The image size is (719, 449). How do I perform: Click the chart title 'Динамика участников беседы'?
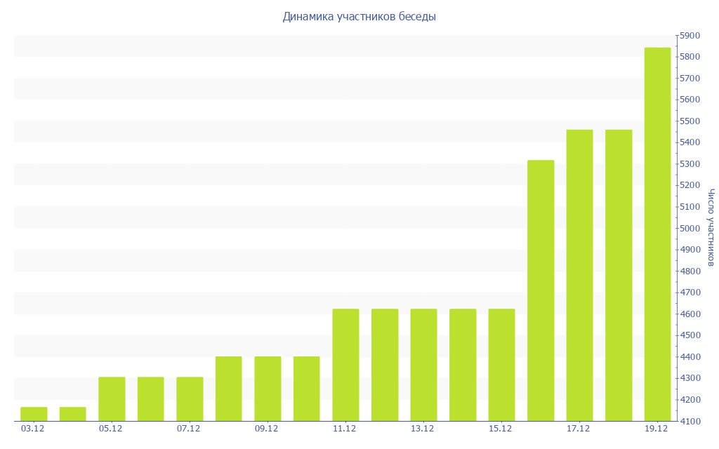click(x=359, y=16)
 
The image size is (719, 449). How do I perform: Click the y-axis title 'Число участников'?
click(x=711, y=227)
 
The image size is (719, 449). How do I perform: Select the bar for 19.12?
click(x=657, y=234)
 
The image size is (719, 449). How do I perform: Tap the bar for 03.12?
click(x=34, y=414)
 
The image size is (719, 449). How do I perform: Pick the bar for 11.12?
click(x=345, y=365)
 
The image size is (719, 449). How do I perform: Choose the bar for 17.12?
click(x=579, y=275)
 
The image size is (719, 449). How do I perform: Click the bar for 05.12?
click(x=112, y=399)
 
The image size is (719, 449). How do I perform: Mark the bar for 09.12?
click(x=268, y=389)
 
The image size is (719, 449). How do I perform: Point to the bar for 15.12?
click(x=501, y=365)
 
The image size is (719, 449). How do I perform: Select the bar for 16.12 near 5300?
click(x=541, y=290)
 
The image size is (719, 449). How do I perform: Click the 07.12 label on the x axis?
click(x=189, y=429)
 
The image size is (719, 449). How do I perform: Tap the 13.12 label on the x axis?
click(x=423, y=429)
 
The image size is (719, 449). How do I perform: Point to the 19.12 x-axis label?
click(x=657, y=429)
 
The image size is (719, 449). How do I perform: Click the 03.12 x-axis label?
click(x=33, y=429)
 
